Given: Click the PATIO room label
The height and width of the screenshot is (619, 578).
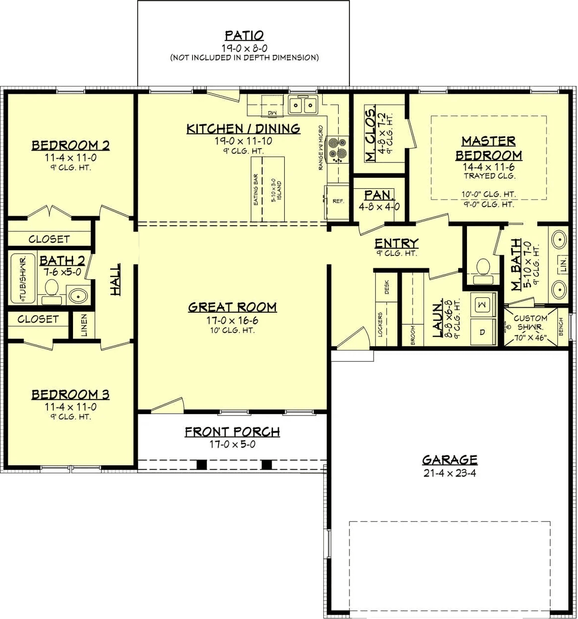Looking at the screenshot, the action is click(x=244, y=35).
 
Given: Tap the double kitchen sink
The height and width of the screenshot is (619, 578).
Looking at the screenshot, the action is click(x=303, y=105).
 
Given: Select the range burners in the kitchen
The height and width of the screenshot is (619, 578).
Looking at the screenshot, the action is click(x=337, y=150).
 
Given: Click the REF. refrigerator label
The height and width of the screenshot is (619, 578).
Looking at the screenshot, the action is click(x=338, y=202).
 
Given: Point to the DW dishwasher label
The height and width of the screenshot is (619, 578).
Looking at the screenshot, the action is click(x=272, y=113).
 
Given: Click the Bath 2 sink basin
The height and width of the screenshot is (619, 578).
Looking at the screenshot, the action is click(x=78, y=295).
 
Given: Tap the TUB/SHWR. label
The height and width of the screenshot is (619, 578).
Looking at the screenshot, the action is click(x=23, y=279).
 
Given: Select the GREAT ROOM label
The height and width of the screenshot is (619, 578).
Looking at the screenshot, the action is click(x=232, y=307).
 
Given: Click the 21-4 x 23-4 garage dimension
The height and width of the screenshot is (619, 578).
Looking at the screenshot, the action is click(x=450, y=473).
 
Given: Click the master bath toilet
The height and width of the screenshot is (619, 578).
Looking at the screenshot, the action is click(x=483, y=271).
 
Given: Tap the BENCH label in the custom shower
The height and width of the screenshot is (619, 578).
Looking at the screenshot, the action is click(x=561, y=327).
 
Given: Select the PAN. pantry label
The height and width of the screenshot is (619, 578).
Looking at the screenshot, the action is click(x=379, y=195).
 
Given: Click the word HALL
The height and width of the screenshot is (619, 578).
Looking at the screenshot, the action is click(x=115, y=279).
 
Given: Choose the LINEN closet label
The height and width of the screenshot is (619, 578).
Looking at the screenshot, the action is click(x=84, y=325).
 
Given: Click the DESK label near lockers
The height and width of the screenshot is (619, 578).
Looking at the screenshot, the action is click(x=387, y=287).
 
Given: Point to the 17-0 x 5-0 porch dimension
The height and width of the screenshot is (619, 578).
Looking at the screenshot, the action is click(x=232, y=444).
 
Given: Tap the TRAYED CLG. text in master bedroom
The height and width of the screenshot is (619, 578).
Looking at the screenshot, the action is click(x=490, y=176).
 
